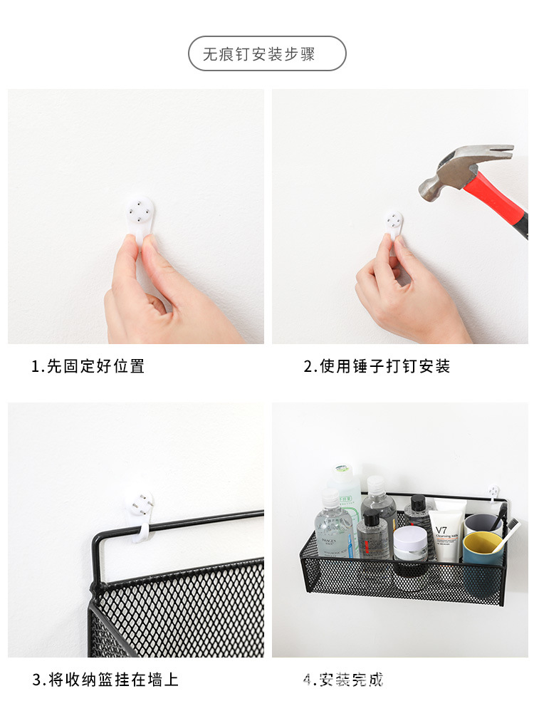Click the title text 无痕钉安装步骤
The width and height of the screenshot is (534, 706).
point(267,54)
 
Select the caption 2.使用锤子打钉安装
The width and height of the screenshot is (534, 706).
point(377,367)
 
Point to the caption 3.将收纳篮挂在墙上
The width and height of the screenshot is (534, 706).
point(105,680)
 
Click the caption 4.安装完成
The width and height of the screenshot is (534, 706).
point(343,680)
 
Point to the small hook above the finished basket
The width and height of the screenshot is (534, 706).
point(493,492)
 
